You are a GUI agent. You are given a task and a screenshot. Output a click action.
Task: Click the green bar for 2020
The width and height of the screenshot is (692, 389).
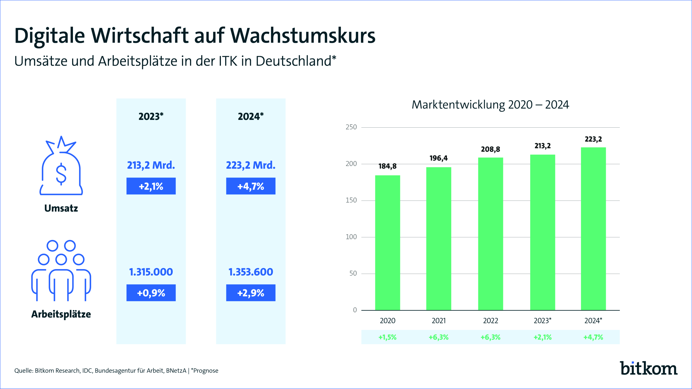click(388, 243)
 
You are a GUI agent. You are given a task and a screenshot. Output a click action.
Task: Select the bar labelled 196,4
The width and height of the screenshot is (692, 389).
click(439, 239)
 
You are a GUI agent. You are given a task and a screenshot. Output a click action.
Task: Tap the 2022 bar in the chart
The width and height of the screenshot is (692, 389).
click(491, 234)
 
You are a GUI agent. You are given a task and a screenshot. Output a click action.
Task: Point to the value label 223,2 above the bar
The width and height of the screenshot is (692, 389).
click(593, 139)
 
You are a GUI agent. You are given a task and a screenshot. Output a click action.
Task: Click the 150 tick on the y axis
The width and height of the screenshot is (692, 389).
click(351, 200)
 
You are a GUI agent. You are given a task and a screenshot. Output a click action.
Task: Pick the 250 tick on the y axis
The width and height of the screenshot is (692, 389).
click(351, 127)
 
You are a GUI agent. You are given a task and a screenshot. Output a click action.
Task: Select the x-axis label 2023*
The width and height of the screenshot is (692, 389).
click(543, 320)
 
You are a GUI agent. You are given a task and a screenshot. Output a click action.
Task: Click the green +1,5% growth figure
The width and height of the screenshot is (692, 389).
click(388, 337)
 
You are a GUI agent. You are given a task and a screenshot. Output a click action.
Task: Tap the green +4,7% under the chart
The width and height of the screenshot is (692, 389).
click(593, 337)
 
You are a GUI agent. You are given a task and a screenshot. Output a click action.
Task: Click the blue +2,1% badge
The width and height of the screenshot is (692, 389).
click(151, 186)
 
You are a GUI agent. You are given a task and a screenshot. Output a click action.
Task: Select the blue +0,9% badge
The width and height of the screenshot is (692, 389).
click(151, 293)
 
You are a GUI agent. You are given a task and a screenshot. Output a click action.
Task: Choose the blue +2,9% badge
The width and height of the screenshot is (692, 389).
click(251, 293)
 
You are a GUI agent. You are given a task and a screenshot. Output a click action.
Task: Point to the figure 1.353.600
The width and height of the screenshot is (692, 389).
click(251, 272)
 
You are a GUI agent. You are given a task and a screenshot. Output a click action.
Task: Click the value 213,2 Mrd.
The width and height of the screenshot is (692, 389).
click(151, 165)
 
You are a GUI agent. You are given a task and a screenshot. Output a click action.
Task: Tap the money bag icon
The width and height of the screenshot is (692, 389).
click(61, 165)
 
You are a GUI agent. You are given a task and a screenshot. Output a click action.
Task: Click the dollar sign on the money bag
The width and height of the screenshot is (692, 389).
click(61, 174)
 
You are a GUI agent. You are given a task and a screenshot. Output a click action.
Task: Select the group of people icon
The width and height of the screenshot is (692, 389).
click(61, 271)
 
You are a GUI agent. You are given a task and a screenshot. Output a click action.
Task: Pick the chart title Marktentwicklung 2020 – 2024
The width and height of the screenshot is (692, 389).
click(490, 105)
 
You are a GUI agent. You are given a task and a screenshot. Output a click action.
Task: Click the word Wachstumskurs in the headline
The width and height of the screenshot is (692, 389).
click(303, 36)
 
